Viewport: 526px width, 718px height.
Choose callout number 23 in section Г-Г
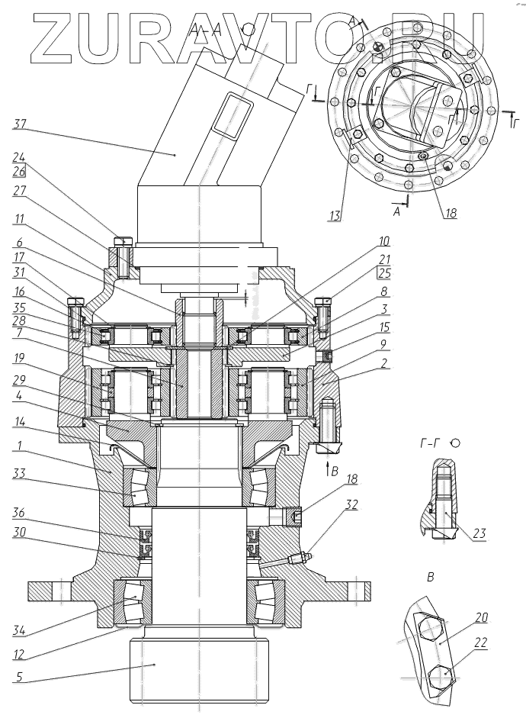coord(479,533)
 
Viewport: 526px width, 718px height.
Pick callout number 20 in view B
coord(482,618)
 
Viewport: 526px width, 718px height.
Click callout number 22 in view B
coord(483,644)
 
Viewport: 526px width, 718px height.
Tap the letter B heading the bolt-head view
coord(431,578)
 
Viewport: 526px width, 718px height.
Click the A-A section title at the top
coord(205,29)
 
